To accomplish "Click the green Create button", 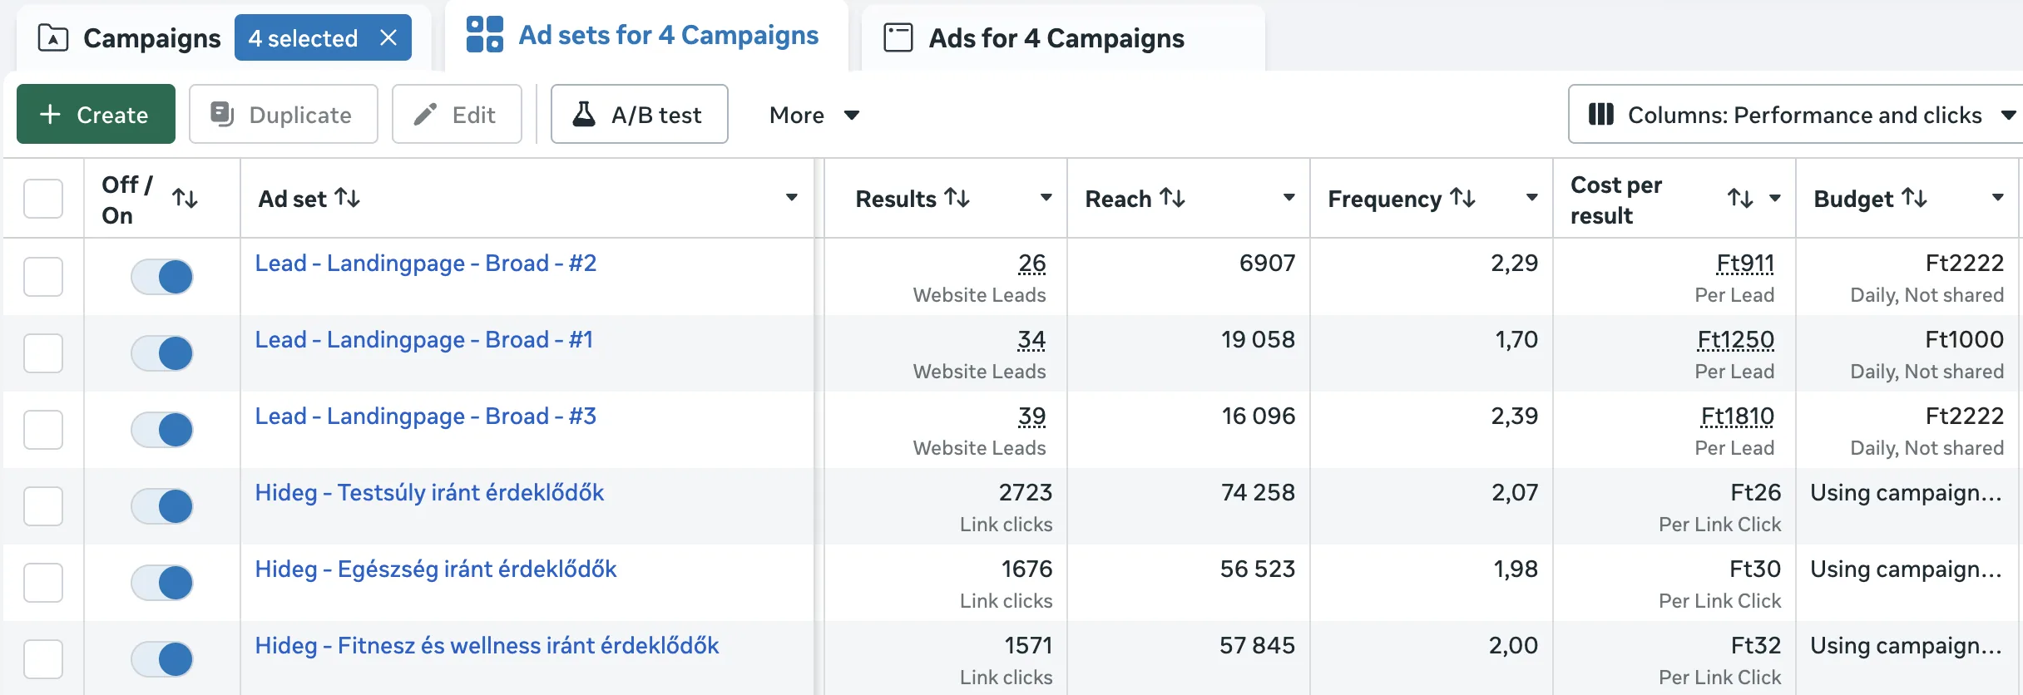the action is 96,114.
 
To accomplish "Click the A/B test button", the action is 639,114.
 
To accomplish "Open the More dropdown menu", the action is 814,115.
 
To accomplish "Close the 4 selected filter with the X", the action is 388,37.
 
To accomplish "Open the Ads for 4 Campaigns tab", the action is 1056,38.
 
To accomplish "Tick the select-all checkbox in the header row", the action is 43,199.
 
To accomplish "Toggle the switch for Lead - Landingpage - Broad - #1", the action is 162,353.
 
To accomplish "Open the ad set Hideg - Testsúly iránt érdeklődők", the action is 429,493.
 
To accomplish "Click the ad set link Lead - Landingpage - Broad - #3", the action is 425,417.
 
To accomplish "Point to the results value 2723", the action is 1025,493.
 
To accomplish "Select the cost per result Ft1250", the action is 1735,340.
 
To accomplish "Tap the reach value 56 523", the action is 1257,569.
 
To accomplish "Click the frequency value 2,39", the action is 1514,417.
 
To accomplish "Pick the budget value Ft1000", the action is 1964,340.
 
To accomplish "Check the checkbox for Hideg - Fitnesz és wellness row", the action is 43,659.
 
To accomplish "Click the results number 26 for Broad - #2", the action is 1031,264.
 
